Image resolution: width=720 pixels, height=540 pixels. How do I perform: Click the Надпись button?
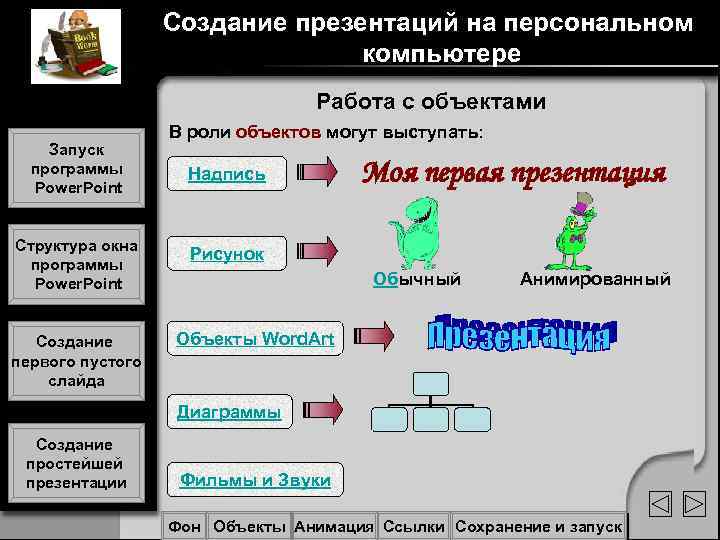tap(227, 174)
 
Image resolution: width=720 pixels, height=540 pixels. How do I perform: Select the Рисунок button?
tap(227, 254)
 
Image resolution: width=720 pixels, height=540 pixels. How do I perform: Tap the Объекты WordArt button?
tap(255, 338)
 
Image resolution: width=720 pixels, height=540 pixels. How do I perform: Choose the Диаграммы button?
tap(229, 411)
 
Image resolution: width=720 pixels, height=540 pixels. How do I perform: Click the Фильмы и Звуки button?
tap(255, 480)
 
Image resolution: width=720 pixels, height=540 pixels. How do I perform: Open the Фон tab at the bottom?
tap(185, 526)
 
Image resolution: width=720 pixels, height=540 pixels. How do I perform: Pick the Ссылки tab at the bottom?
tap(414, 526)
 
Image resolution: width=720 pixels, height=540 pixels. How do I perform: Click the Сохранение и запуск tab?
tap(538, 526)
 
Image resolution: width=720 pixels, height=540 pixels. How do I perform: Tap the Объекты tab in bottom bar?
tap(250, 526)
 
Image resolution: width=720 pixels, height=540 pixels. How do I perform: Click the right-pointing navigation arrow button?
tap(694, 504)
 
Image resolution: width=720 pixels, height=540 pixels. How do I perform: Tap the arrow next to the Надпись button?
tap(320, 174)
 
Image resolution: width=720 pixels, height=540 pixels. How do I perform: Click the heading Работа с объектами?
tap(431, 101)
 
